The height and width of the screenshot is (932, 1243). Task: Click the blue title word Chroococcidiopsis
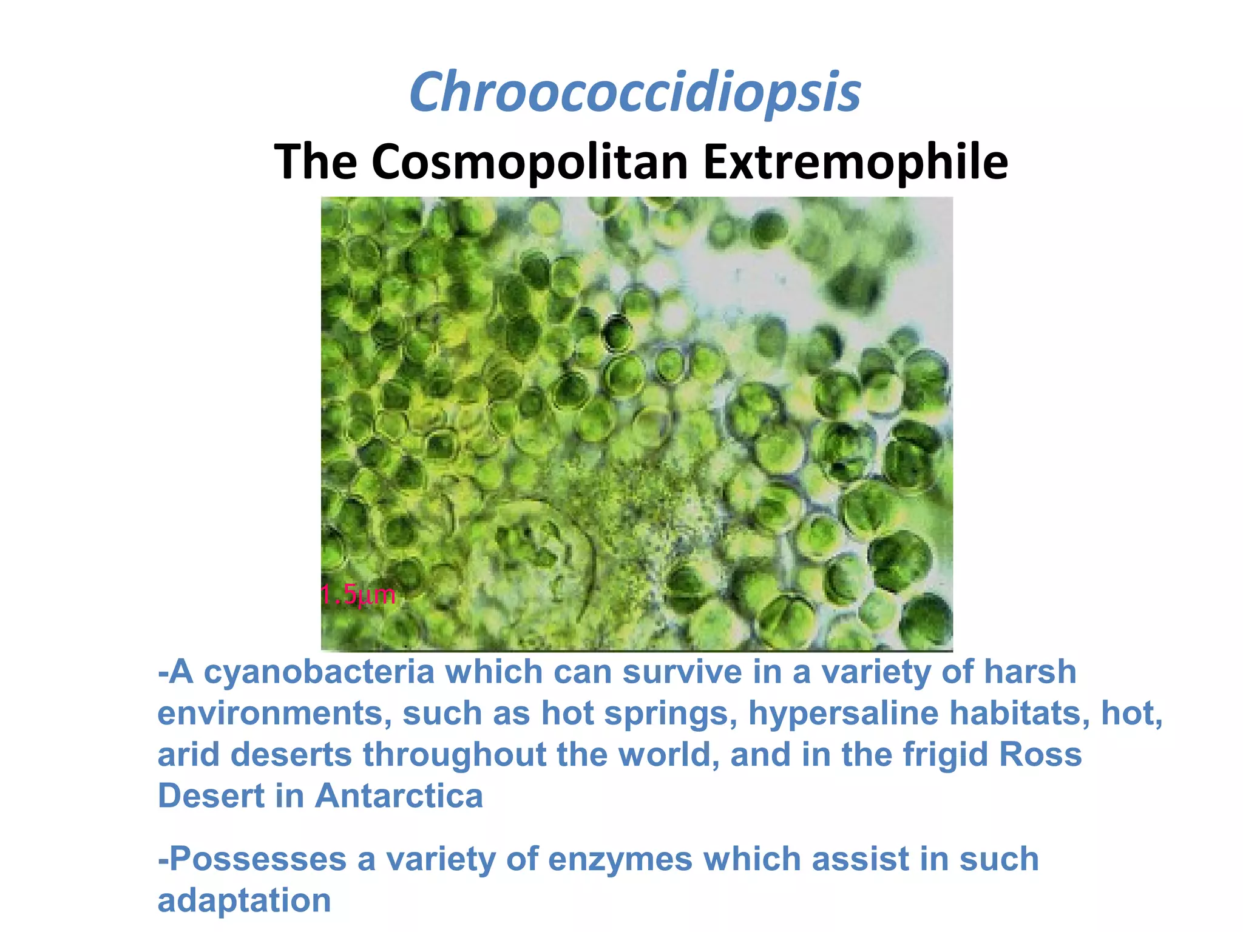point(635,93)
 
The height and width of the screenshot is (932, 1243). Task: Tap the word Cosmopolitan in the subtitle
point(529,162)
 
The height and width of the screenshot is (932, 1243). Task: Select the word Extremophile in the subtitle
point(855,162)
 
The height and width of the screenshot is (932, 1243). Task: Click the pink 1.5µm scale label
point(358,595)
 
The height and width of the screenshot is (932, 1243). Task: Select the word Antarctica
point(399,796)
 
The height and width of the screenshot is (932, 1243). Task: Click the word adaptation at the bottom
point(244,900)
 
